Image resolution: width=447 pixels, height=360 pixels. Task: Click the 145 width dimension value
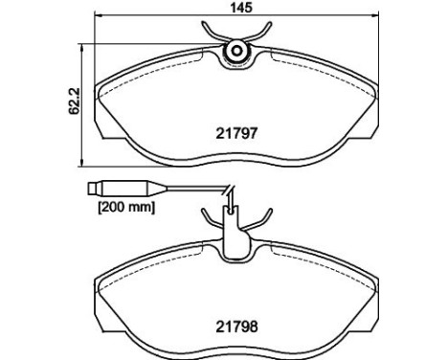pos(241,8)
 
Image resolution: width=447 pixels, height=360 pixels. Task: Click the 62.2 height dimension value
pos(74,101)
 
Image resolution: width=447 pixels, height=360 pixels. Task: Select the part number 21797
pos(236,133)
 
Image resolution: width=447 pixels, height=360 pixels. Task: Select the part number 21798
pos(236,326)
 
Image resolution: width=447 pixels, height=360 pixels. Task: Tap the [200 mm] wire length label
pos(126,208)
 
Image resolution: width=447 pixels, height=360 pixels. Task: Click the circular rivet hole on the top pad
pos(237,51)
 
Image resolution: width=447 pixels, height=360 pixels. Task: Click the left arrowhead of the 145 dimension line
pos(99,15)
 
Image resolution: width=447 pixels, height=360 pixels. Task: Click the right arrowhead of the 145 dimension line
pos(375,15)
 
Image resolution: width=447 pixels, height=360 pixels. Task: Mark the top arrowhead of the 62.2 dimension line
pos(82,48)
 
